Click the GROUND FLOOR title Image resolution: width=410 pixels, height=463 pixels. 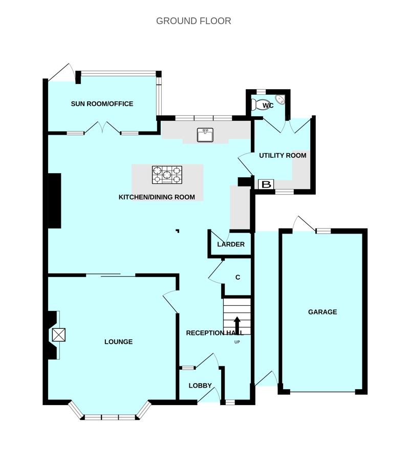(193, 21)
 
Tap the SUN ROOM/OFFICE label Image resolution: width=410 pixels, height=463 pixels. (102, 104)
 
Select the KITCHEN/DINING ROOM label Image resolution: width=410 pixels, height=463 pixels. (157, 197)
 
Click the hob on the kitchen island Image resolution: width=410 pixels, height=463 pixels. (167, 175)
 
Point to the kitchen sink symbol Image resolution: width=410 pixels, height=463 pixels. (205, 135)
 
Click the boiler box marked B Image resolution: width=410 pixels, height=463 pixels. (266, 184)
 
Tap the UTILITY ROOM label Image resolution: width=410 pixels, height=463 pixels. (283, 155)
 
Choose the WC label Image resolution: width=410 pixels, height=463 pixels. (268, 106)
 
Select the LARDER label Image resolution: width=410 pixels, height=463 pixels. (231, 244)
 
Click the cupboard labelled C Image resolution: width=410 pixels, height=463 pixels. (238, 277)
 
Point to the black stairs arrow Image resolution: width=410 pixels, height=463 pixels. (237, 324)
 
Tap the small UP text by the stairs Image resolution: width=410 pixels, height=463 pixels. (237, 342)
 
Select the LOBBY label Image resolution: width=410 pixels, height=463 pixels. (200, 385)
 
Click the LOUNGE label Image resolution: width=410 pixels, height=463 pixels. (118, 342)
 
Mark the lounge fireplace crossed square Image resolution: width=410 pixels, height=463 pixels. (58, 335)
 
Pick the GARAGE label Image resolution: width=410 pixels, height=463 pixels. (322, 312)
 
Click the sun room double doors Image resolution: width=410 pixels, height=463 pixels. (102, 128)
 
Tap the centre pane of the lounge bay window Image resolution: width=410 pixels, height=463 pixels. (110, 417)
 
